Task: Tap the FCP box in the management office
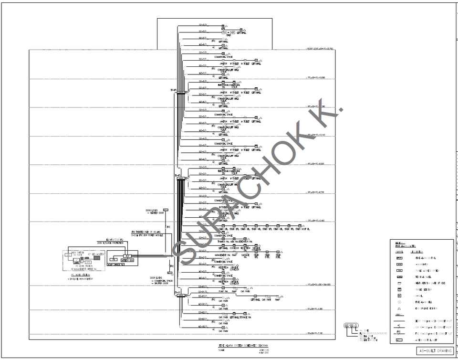pyautogui.click(x=128, y=256)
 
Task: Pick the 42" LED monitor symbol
pyautogui.click(x=97, y=257)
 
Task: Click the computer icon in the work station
pyautogui.click(x=77, y=261)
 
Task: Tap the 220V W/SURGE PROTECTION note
pyautogui.click(x=110, y=243)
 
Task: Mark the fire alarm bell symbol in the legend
pyautogui.click(x=399, y=302)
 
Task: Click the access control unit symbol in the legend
pyautogui.click(x=399, y=339)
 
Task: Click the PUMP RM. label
pyautogui.click(x=224, y=291)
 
